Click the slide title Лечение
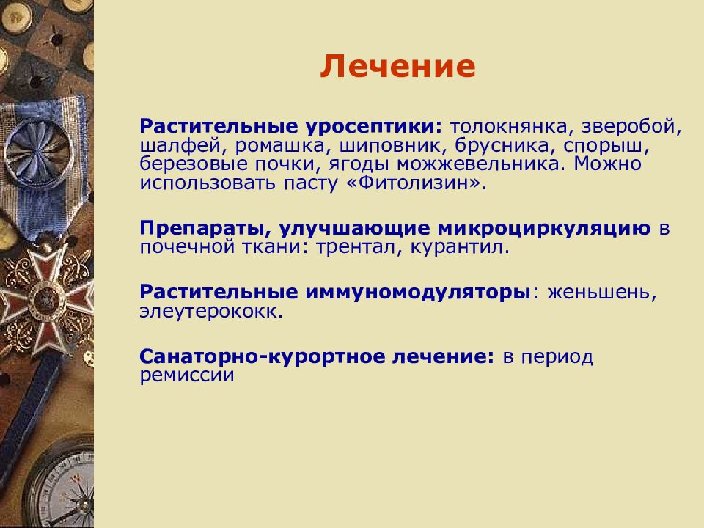397,67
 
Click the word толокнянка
509,126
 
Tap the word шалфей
183,146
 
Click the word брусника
502,146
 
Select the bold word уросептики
374,127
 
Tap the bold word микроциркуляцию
543,229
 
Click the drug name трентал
356,248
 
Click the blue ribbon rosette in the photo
40,152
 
